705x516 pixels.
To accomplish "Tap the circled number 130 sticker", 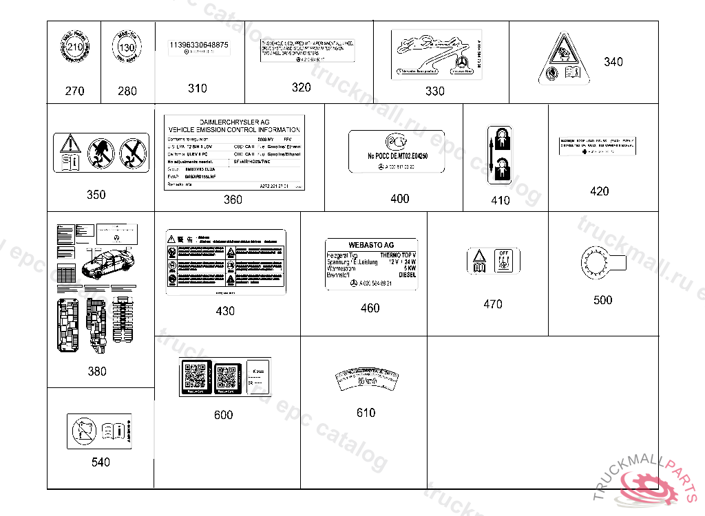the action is (x=127, y=49).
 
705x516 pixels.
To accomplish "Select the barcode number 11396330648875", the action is (x=199, y=45).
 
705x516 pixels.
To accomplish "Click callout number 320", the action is (x=301, y=87).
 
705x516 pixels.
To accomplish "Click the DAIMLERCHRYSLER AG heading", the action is (x=234, y=122).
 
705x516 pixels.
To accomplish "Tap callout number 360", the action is (x=233, y=200).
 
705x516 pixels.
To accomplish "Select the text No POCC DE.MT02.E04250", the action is (x=398, y=157).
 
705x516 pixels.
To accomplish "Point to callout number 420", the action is (x=599, y=191).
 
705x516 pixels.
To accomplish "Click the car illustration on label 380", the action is (x=103, y=265).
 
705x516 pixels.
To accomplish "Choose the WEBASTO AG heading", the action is (x=370, y=246).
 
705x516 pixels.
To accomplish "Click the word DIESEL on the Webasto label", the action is (x=407, y=275).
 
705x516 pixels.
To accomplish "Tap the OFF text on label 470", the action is (x=503, y=252).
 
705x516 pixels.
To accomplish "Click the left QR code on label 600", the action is (x=196, y=376).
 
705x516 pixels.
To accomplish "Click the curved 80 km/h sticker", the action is (x=367, y=379).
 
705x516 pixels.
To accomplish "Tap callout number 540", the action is (x=101, y=462).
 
